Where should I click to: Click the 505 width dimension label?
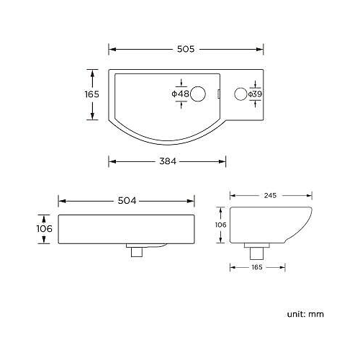tap(186, 49)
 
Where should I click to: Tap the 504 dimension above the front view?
tap(127, 201)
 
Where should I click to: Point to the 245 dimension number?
tap(271, 195)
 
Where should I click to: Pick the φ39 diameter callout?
tap(255, 94)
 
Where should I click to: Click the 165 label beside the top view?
tap(91, 94)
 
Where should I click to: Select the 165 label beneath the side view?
tap(256, 266)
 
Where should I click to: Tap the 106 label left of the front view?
tap(44, 228)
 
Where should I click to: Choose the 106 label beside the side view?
tap(221, 225)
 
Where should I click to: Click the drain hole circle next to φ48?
tap(203, 93)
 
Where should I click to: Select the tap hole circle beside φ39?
tap(240, 94)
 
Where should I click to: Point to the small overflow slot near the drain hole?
tap(218, 93)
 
